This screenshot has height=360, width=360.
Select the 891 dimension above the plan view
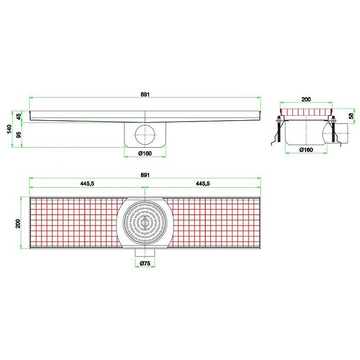[x=145, y=175]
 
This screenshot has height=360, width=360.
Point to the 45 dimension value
[x=19, y=116]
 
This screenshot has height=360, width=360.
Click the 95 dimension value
[x=19, y=134]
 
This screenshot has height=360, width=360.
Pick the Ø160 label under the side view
[x=145, y=153]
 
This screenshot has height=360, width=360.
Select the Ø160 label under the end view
[x=306, y=150]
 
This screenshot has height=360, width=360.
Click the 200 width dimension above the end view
[x=306, y=99]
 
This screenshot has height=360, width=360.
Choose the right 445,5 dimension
[x=203, y=184]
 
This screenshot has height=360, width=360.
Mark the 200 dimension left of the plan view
[x=19, y=224]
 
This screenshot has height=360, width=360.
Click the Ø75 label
[x=145, y=264]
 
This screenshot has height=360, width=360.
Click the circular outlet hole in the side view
[x=145, y=134]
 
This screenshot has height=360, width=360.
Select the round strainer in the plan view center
[x=145, y=223]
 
